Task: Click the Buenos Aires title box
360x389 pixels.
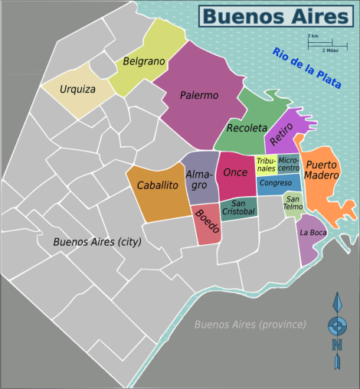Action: pos(277,15)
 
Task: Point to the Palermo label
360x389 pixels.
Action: pos(199,96)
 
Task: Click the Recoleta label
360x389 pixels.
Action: pos(247,127)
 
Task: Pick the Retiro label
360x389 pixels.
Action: pos(281,134)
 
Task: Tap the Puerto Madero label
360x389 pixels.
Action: pos(321,170)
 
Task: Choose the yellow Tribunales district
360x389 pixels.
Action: pos(266,165)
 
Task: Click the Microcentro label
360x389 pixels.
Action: pos(289,164)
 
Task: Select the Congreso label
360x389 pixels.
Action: pos(275,184)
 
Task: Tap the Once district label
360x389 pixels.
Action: pos(235,172)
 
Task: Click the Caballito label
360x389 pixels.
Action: pos(158,185)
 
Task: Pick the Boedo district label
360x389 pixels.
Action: pos(207,222)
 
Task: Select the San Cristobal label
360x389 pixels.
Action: pos(238,208)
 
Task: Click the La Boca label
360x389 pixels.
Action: pos(313,232)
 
